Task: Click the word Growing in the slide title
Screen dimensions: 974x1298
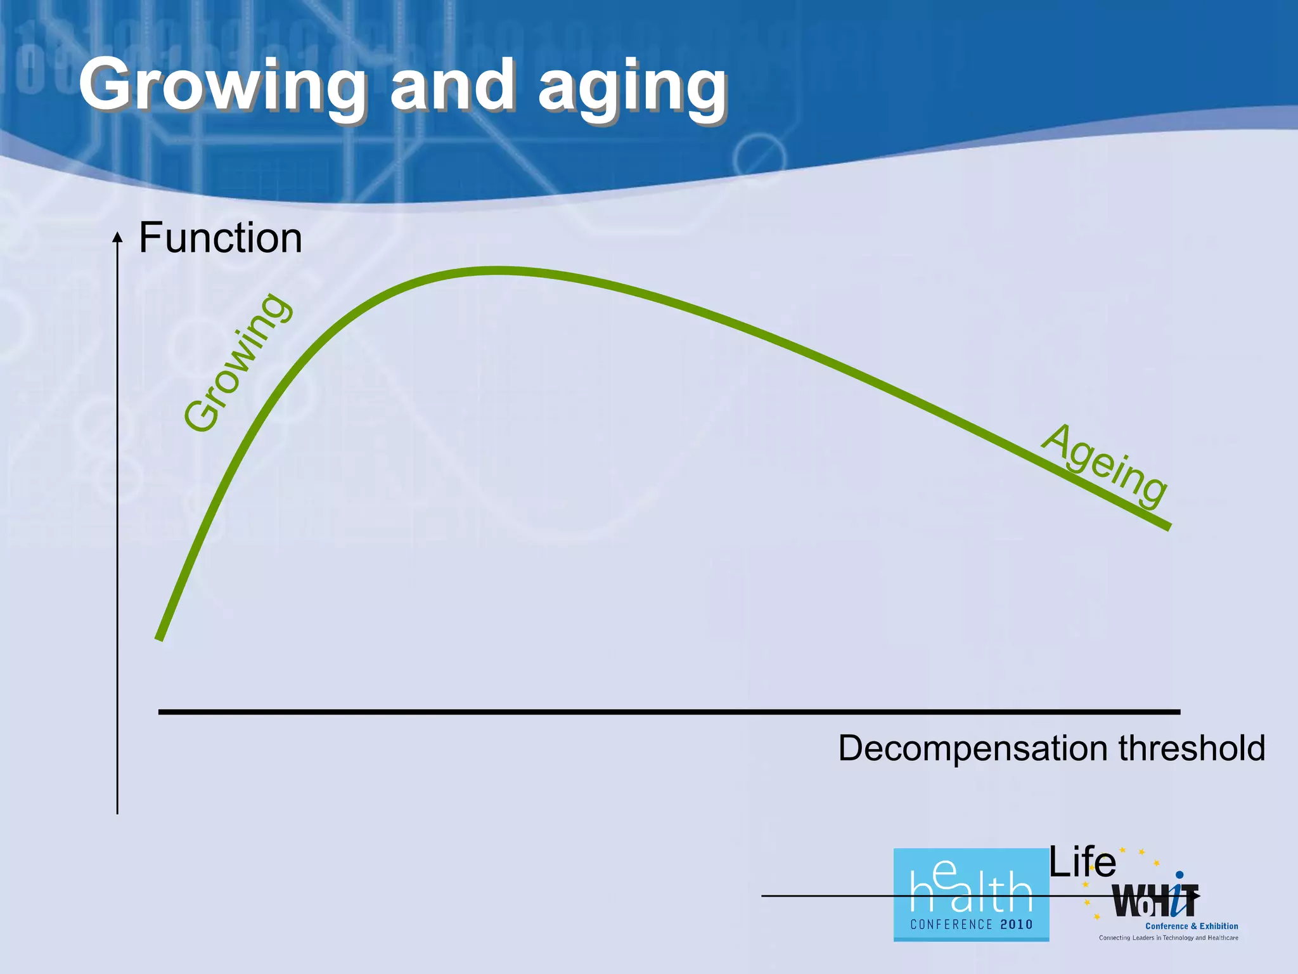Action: (222, 86)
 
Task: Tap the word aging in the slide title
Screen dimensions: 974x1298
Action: (632, 89)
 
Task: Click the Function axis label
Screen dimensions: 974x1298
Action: (220, 238)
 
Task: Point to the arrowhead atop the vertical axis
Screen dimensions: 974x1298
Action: (117, 237)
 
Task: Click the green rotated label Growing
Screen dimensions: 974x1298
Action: (238, 363)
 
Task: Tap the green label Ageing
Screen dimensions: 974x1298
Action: (1104, 466)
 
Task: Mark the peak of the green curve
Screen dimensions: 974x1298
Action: (498, 271)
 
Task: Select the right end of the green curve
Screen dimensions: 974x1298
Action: (1168, 526)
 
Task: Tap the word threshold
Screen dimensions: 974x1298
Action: (1192, 748)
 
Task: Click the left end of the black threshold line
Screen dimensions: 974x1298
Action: (160, 712)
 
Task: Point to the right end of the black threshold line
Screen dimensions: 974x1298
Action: (1178, 712)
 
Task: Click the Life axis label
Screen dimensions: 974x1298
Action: (1082, 862)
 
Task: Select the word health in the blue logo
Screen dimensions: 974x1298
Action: (971, 888)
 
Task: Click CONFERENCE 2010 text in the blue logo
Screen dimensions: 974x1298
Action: (971, 925)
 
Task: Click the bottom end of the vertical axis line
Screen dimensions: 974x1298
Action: (117, 812)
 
